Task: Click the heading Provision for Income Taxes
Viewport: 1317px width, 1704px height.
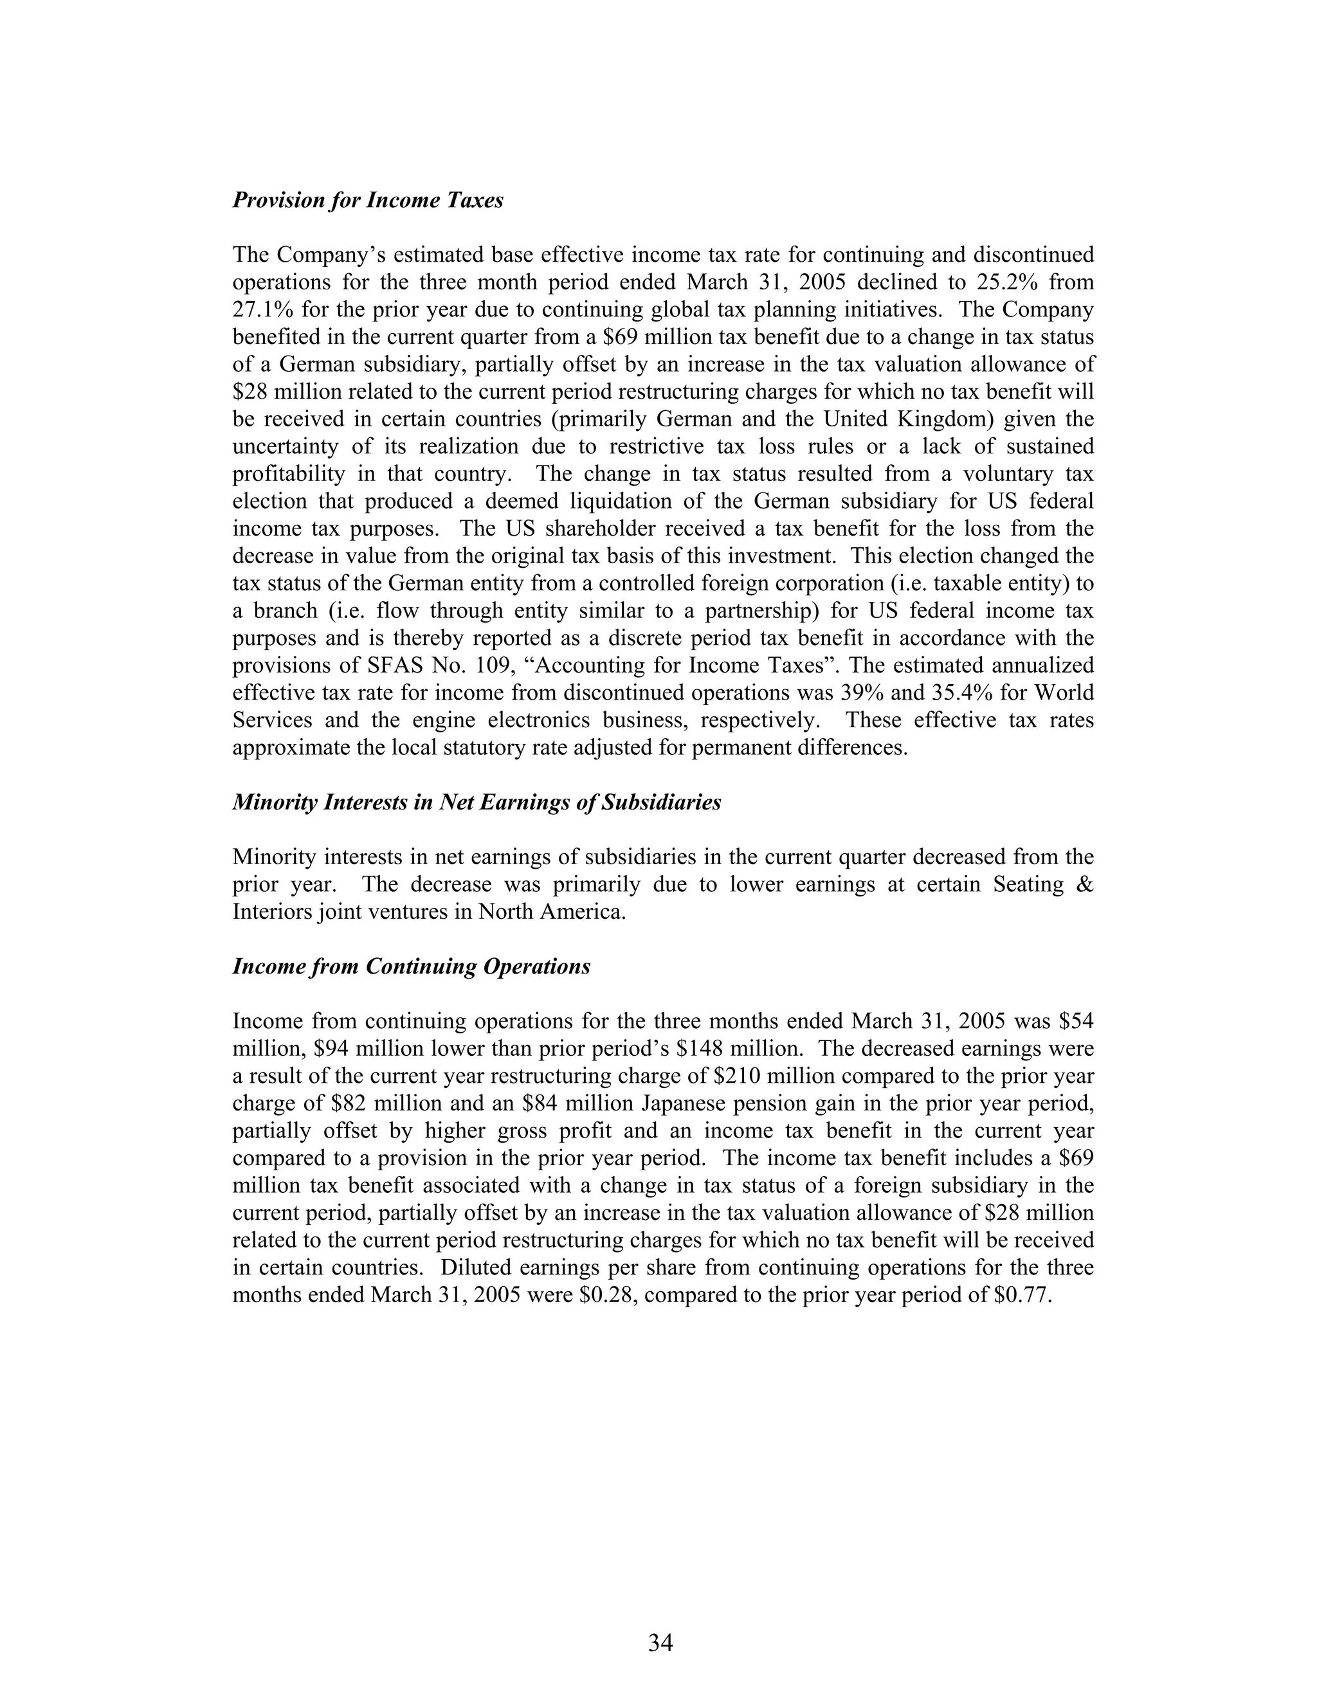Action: (x=368, y=201)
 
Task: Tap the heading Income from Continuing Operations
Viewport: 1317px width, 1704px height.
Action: (x=411, y=966)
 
